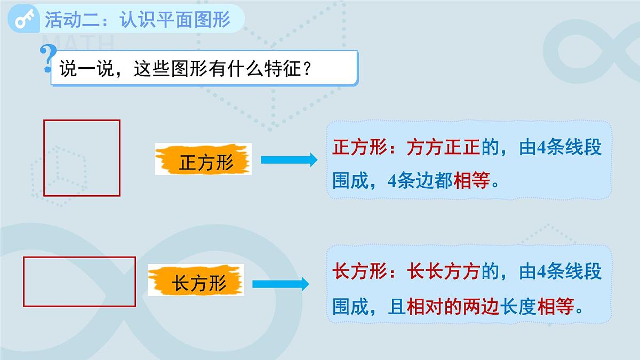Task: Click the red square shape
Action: (x=82, y=158)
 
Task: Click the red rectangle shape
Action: (x=79, y=282)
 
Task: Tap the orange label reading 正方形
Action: (x=203, y=159)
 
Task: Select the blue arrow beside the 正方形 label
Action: (x=289, y=159)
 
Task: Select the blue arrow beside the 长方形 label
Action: (x=281, y=284)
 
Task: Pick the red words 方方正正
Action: (x=444, y=148)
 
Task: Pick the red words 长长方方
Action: (x=444, y=272)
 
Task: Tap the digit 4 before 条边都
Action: (x=393, y=181)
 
